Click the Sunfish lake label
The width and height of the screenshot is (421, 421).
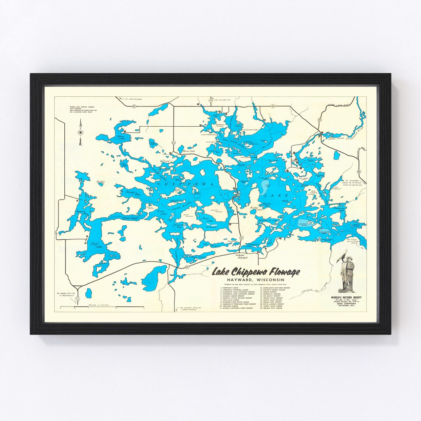pos(100,181)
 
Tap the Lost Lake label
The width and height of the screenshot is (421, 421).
pos(124,165)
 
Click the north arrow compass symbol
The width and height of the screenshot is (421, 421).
pos(80,132)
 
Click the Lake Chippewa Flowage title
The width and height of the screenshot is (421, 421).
pos(256,272)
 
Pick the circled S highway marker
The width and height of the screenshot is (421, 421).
pos(320,119)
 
